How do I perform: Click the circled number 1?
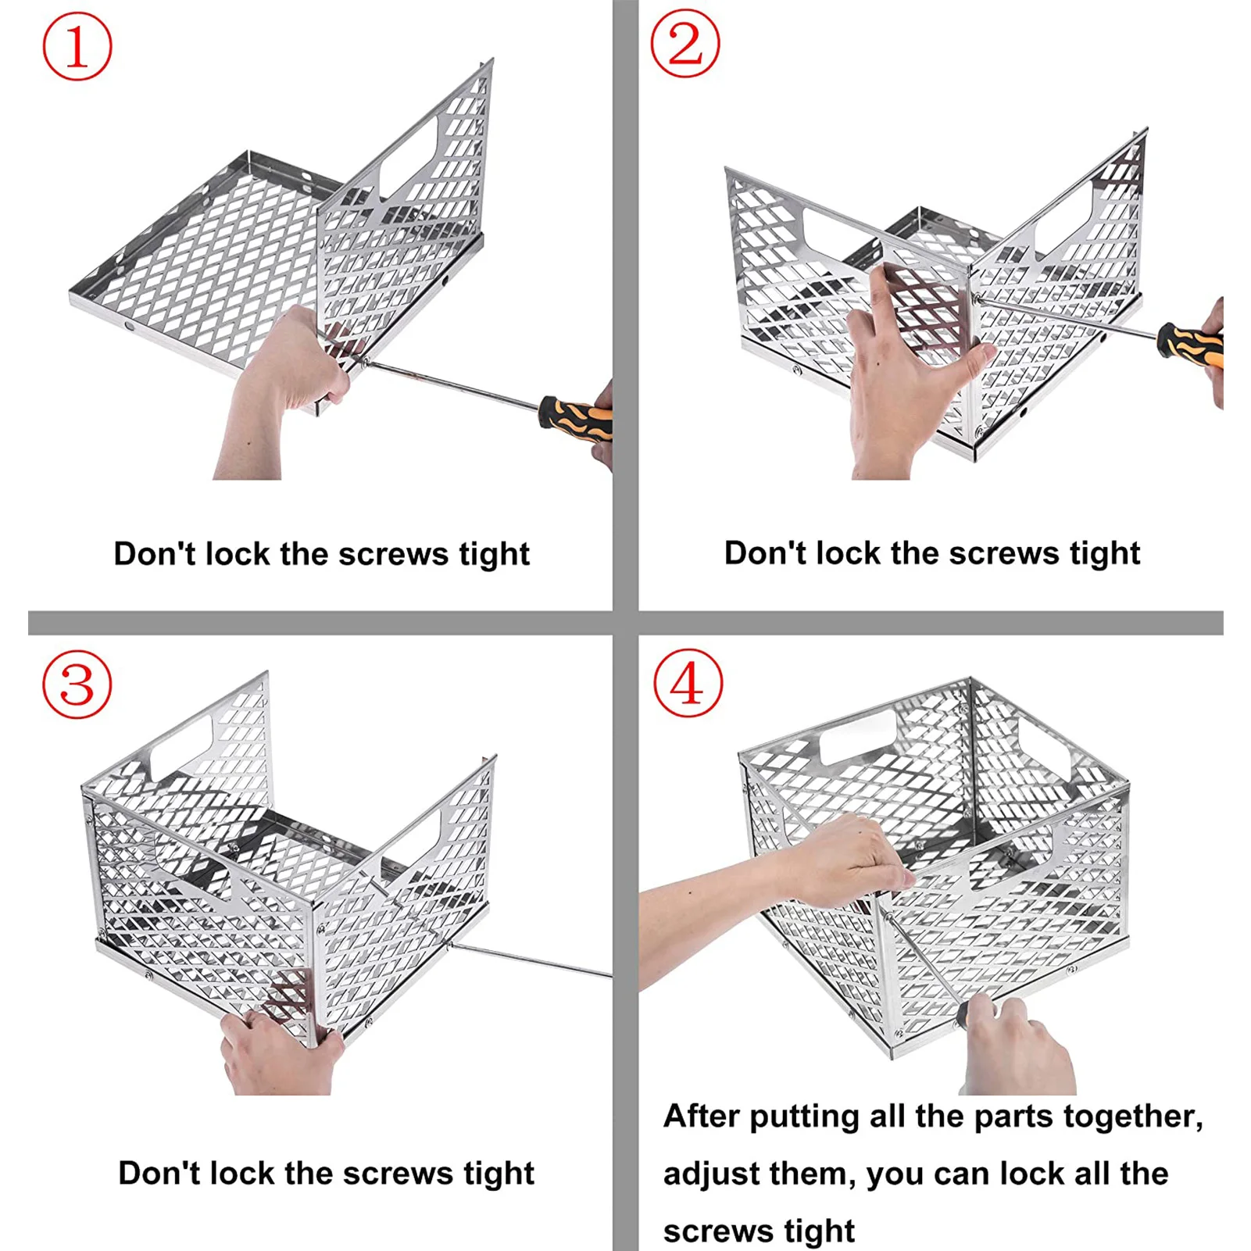pos(77,47)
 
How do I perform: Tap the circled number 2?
pos(685,44)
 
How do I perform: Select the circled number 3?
pos(77,685)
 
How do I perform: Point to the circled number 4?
pos(688,684)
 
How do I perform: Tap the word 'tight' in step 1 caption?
pos(494,555)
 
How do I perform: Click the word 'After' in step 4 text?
pos(701,1116)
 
